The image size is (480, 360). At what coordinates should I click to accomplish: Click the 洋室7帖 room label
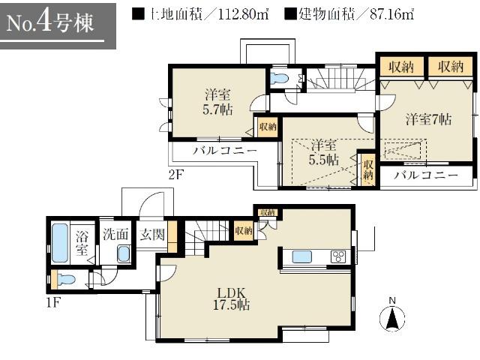(x=429, y=118)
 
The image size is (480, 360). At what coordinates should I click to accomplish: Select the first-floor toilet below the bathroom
(x=65, y=280)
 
